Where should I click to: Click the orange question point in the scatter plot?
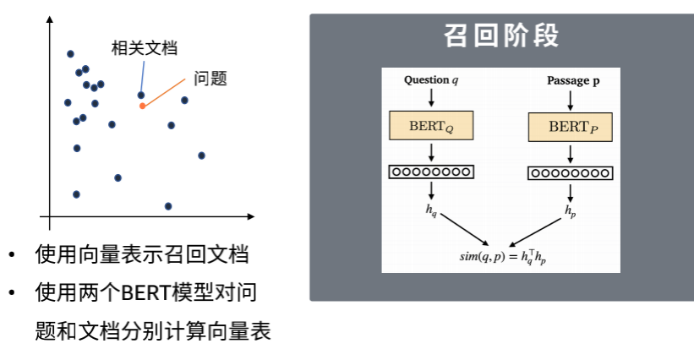click(x=142, y=106)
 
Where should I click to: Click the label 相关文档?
click(x=145, y=48)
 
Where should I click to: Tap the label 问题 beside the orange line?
click(x=210, y=79)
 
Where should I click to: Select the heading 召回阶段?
click(x=502, y=36)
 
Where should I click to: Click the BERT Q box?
click(x=431, y=126)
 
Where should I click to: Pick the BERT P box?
click(x=571, y=127)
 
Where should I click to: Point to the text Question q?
click(x=431, y=80)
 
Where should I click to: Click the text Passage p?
click(x=573, y=80)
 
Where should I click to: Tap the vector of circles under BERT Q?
click(x=431, y=172)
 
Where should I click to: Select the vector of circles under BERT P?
click(x=571, y=172)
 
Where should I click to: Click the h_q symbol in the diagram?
click(x=431, y=208)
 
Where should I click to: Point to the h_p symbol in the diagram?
click(x=571, y=208)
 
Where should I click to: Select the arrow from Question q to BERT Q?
click(x=431, y=97)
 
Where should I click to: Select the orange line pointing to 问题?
click(x=165, y=92)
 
